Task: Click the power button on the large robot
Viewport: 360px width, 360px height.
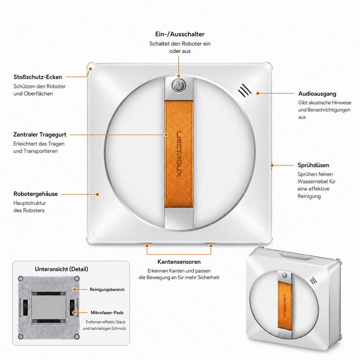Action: [179, 86]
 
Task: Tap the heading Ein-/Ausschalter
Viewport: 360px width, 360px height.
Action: [180, 34]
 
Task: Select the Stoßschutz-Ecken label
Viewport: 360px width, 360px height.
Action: [38, 77]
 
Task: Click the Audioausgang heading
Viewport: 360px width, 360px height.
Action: [317, 94]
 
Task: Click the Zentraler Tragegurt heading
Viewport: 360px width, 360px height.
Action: [40, 135]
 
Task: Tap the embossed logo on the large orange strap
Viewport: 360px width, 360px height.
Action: [179, 154]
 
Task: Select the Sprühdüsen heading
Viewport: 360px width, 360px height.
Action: [313, 165]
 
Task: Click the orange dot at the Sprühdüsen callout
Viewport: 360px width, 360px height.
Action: [272, 165]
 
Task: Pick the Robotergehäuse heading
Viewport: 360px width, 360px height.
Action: [36, 194]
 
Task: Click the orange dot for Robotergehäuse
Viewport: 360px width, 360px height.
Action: [97, 194]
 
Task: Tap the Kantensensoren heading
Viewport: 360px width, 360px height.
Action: [179, 262]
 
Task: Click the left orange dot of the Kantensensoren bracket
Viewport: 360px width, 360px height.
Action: [147, 245]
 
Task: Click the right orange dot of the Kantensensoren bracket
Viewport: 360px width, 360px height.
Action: [211, 245]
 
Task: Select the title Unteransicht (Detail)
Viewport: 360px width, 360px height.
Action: [61, 269]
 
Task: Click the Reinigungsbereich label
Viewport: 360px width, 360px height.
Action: [107, 289]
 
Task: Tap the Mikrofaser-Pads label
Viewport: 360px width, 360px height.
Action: [107, 313]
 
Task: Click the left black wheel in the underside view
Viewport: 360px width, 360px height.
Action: [25, 307]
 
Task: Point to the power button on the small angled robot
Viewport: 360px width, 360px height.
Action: [284, 275]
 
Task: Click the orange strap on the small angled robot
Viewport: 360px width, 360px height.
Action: [284, 306]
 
